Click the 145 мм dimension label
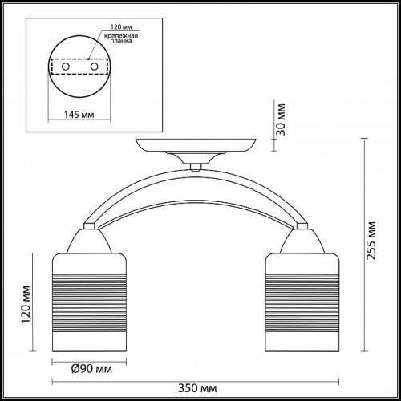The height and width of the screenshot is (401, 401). (79, 115)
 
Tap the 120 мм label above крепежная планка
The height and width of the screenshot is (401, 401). (121, 27)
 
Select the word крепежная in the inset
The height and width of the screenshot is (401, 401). (121, 36)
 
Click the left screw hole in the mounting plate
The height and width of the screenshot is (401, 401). (66, 67)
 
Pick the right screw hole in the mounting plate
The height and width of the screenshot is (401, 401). (94, 67)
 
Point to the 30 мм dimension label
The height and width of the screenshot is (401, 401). (281, 119)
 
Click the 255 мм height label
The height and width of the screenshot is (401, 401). (371, 241)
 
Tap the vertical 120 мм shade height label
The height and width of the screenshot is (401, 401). (26, 304)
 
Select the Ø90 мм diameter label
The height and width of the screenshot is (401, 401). (91, 369)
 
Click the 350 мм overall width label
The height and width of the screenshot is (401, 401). (197, 388)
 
